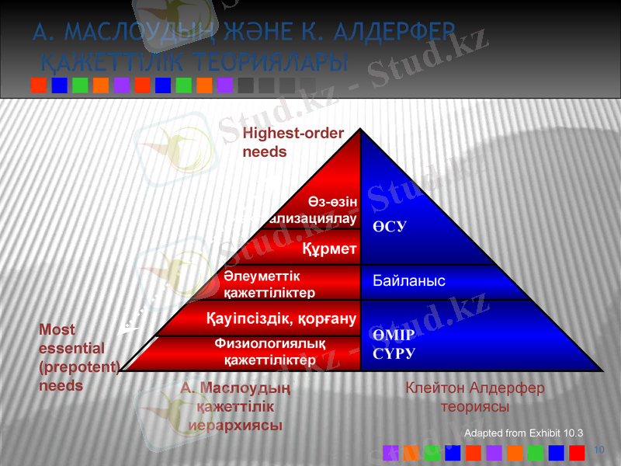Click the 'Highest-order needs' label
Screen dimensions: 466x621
(293, 142)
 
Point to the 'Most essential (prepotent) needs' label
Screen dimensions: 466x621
(78, 357)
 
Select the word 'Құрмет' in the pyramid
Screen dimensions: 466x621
(329, 249)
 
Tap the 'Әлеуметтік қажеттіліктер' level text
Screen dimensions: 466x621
(269, 283)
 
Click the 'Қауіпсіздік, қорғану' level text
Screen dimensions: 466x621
(281, 318)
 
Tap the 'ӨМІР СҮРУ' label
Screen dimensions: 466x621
(394, 343)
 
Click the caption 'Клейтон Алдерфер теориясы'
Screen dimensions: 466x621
(474, 396)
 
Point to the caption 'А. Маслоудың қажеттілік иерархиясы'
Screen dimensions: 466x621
(235, 405)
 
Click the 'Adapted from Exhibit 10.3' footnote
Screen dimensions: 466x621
(522, 433)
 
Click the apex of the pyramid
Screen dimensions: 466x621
(361, 130)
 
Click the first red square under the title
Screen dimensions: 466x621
(38, 85)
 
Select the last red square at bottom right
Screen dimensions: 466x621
(577, 452)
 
